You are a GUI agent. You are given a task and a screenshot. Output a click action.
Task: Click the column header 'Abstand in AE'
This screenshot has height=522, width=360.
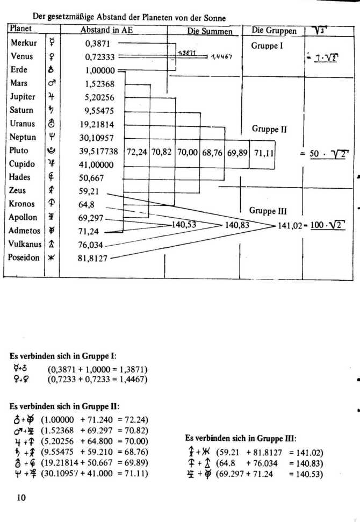[106, 30]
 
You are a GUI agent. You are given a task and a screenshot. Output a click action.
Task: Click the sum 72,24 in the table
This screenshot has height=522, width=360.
[136, 153]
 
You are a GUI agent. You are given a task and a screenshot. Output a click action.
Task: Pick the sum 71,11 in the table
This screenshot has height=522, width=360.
[264, 153]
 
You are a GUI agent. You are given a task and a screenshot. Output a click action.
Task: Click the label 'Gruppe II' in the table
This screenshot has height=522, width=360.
[269, 129]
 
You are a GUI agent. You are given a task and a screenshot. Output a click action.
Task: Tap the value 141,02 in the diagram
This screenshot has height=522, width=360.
[289, 226]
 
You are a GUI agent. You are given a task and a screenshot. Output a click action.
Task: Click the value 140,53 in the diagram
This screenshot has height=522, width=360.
[183, 225]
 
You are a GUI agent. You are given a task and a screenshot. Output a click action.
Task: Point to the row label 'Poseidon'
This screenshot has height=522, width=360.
[25, 258]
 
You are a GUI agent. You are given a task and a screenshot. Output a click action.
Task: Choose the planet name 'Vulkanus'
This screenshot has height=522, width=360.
[25, 244]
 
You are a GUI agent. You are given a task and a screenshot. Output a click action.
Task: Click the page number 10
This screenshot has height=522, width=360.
[21, 497]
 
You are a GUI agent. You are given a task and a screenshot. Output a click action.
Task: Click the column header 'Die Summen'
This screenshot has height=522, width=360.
[210, 31]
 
